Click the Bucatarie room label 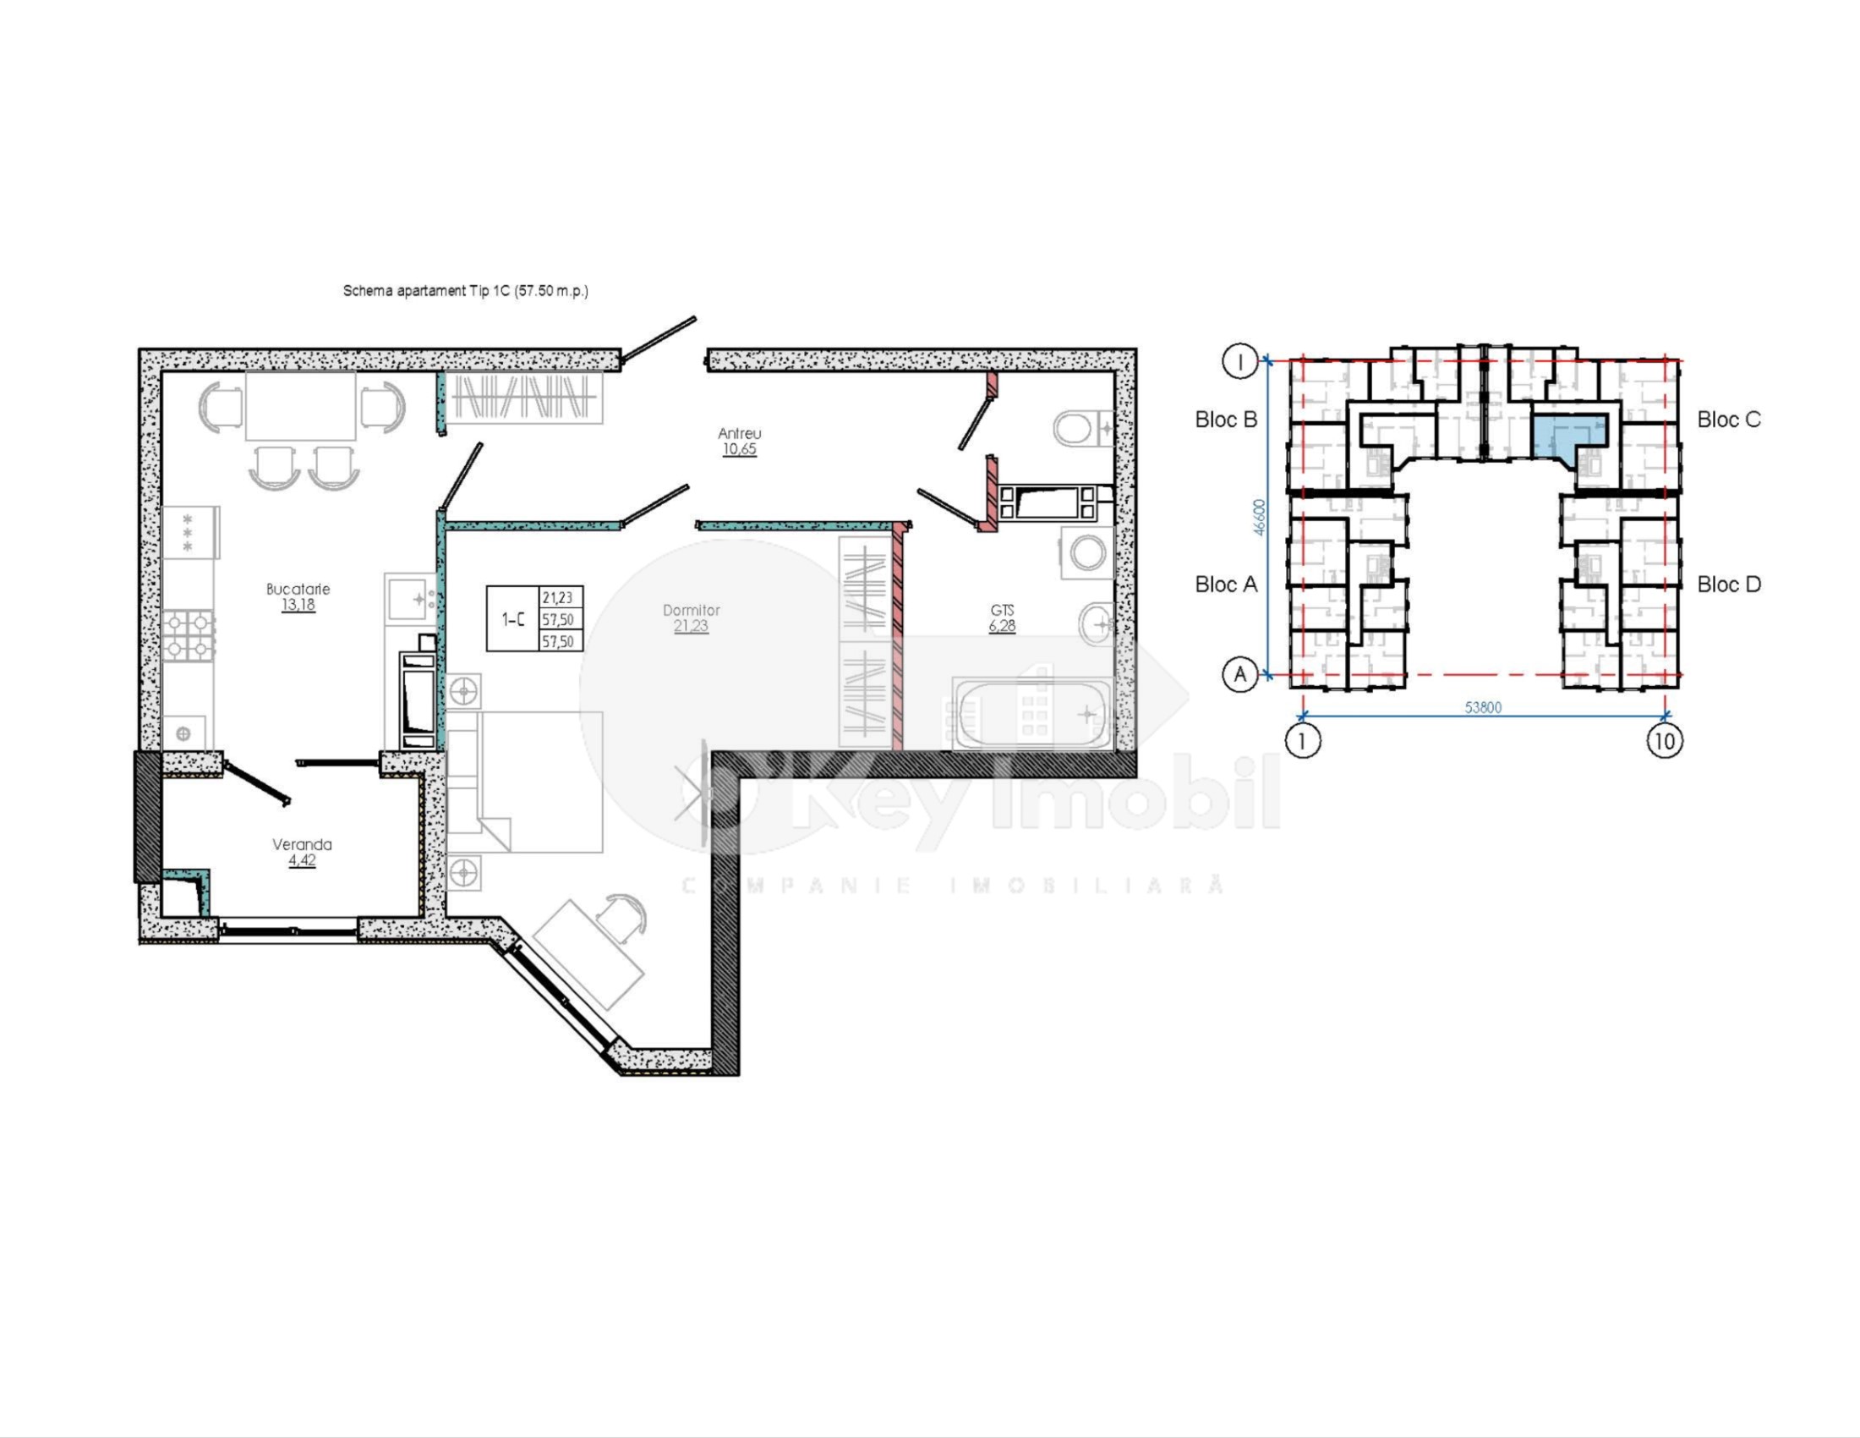298,589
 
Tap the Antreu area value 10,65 739,449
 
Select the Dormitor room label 691,610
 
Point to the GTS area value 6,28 1002,626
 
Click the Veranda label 302,844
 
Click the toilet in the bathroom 1080,429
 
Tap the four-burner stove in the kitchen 188,635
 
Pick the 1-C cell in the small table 512,619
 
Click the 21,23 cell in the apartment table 558,598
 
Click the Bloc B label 1226,419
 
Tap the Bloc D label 1728,585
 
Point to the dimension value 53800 1483,707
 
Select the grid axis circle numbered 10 1664,740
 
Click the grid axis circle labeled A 1240,675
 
